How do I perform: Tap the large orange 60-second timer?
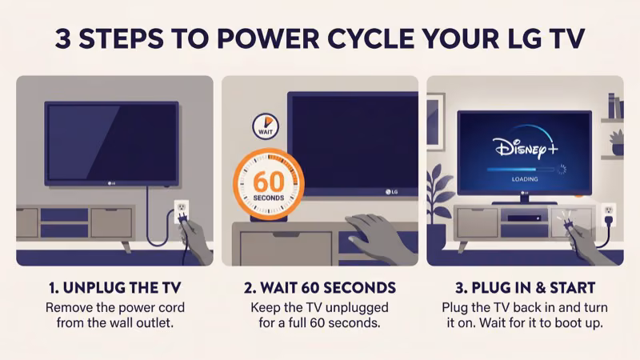[268, 183]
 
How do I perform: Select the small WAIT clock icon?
[265, 126]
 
